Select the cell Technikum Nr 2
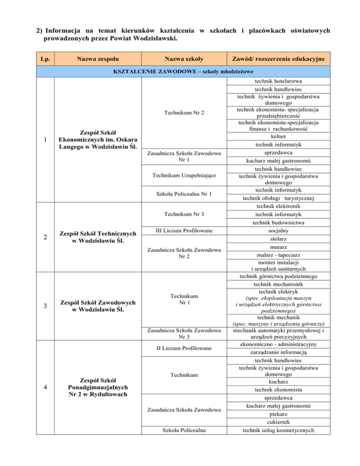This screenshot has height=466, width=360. (x=184, y=113)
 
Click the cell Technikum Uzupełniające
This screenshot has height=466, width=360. (x=184, y=176)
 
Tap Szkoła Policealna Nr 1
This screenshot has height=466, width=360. (x=184, y=194)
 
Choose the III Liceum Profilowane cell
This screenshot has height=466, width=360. (x=184, y=230)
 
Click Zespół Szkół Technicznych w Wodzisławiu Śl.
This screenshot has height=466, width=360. (x=97, y=237)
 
